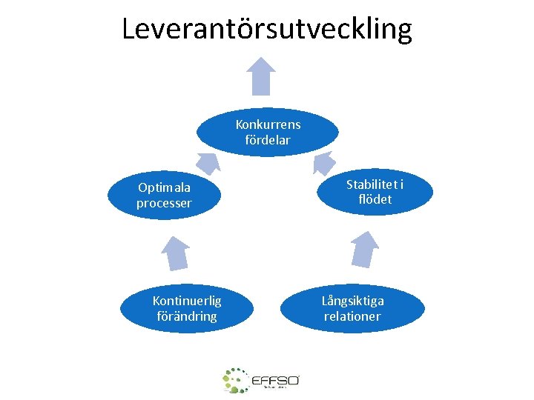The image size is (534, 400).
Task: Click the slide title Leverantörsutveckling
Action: pyautogui.click(x=267, y=29)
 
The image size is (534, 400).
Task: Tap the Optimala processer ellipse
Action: pyautogui.click(x=163, y=196)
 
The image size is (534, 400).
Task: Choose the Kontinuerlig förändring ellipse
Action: pyautogui.click(x=186, y=308)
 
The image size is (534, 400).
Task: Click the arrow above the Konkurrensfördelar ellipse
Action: pyautogui.click(x=261, y=76)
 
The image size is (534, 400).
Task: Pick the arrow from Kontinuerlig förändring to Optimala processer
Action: pyautogui.click(x=176, y=253)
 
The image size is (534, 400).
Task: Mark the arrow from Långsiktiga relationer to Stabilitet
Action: pyautogui.click(x=364, y=248)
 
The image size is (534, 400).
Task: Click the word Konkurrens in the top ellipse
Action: pyautogui.click(x=268, y=124)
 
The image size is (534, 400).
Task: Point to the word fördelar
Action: pyautogui.click(x=268, y=139)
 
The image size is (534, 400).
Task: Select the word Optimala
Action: pyautogui.click(x=164, y=187)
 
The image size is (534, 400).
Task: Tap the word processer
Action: pyautogui.click(x=164, y=203)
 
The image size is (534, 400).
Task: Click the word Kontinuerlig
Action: pyautogui.click(x=186, y=300)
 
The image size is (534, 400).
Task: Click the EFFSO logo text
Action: pyautogui.click(x=275, y=380)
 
